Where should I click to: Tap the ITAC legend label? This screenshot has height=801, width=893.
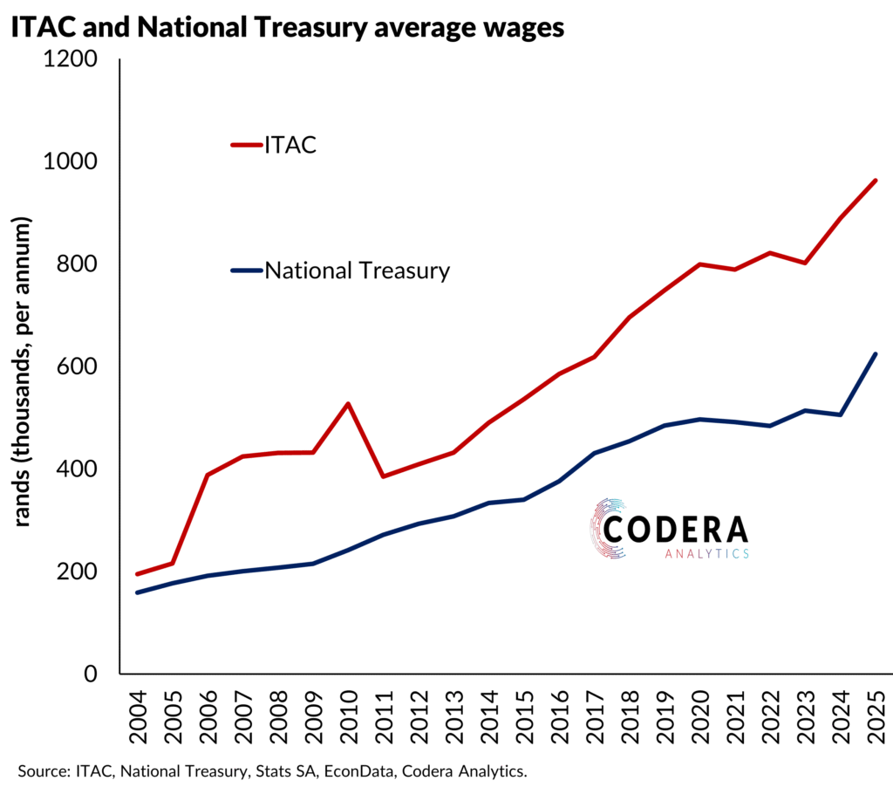pos(290,144)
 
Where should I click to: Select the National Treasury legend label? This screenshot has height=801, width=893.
pos(358,270)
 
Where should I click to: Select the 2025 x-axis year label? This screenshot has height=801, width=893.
pos(876,714)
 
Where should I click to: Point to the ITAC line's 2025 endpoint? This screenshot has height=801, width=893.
pos(876,181)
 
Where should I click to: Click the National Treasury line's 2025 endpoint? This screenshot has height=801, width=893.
pos(876,353)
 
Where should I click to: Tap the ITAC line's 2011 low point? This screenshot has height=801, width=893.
pos(384,476)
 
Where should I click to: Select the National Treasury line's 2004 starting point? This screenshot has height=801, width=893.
pos(138,592)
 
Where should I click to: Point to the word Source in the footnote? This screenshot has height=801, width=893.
pos(41,771)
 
